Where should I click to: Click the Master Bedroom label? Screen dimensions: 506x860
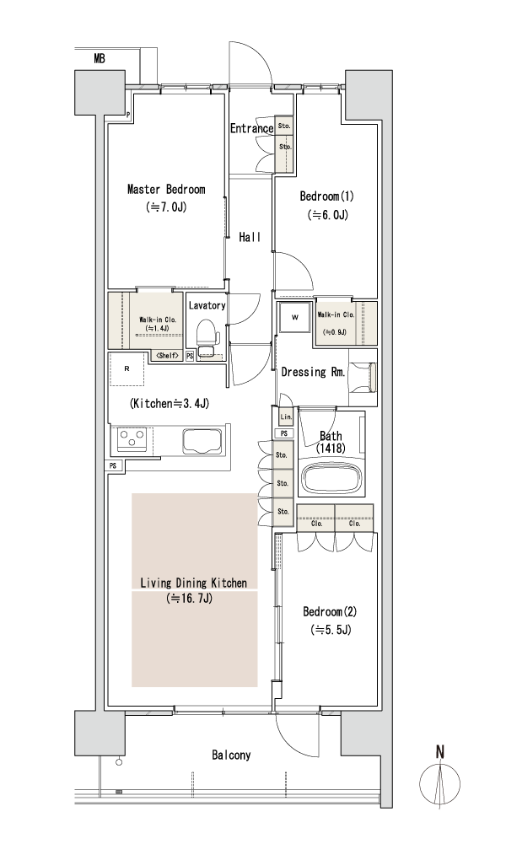coord(166,189)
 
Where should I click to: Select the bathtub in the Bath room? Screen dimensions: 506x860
coord(331,477)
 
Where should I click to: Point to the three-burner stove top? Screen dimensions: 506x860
coord(132,438)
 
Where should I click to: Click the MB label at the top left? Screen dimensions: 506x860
coord(100,57)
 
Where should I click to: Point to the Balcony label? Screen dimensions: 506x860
coord(231,755)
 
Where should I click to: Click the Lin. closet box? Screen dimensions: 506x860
coord(287,417)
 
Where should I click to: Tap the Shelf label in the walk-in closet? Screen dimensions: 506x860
coord(167,356)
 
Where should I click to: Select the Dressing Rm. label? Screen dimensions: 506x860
coord(313,371)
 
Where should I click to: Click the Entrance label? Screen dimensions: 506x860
coord(251,128)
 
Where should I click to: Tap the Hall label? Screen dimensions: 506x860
coord(250,238)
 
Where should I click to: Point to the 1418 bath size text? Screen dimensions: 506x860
coord(330,448)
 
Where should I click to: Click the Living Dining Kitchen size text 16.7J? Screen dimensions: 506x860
coord(189,599)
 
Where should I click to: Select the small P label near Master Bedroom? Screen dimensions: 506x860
coord(128,116)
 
